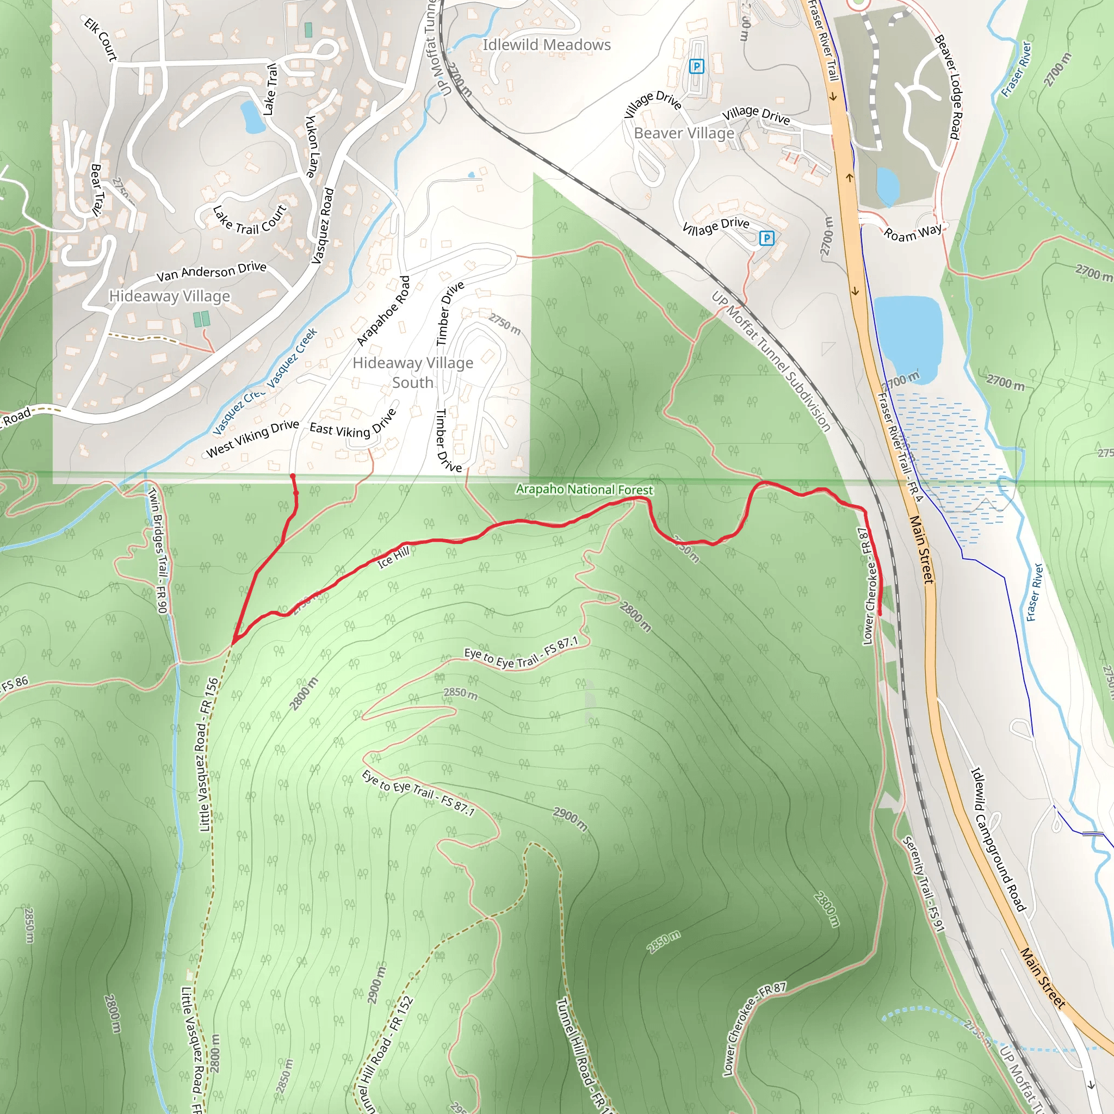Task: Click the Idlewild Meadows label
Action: point(546,45)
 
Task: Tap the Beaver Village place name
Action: point(684,133)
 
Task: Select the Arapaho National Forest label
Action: point(584,490)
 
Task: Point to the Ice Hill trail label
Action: point(394,557)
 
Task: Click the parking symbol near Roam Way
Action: point(766,238)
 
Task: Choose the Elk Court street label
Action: point(101,39)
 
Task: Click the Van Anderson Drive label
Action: point(211,271)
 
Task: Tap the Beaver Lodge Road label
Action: point(948,86)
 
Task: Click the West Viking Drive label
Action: point(252,438)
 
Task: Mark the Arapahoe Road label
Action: point(383,311)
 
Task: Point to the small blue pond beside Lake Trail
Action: point(252,116)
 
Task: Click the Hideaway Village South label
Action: point(413,373)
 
